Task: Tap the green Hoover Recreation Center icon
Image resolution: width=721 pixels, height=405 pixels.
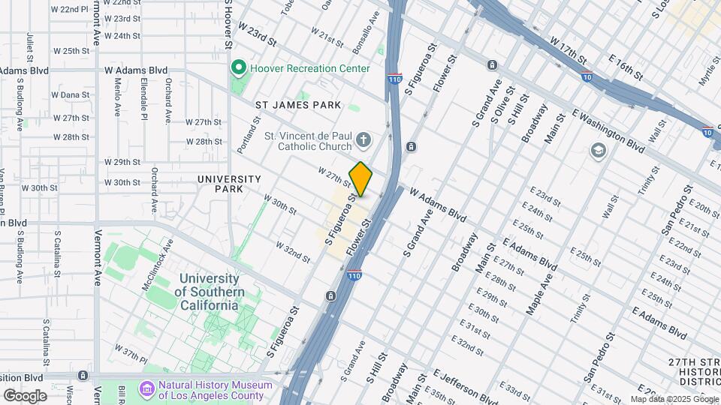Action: (240, 68)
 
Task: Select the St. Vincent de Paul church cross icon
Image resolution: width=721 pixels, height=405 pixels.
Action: (364, 140)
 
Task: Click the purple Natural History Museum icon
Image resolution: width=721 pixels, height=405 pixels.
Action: (146, 390)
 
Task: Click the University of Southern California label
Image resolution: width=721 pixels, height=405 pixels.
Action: (209, 292)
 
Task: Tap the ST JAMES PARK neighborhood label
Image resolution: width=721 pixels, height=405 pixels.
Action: (297, 105)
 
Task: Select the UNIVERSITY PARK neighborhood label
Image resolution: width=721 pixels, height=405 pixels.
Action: (229, 184)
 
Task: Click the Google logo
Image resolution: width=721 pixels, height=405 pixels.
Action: (25, 395)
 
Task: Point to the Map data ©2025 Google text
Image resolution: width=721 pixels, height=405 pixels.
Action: (674, 398)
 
